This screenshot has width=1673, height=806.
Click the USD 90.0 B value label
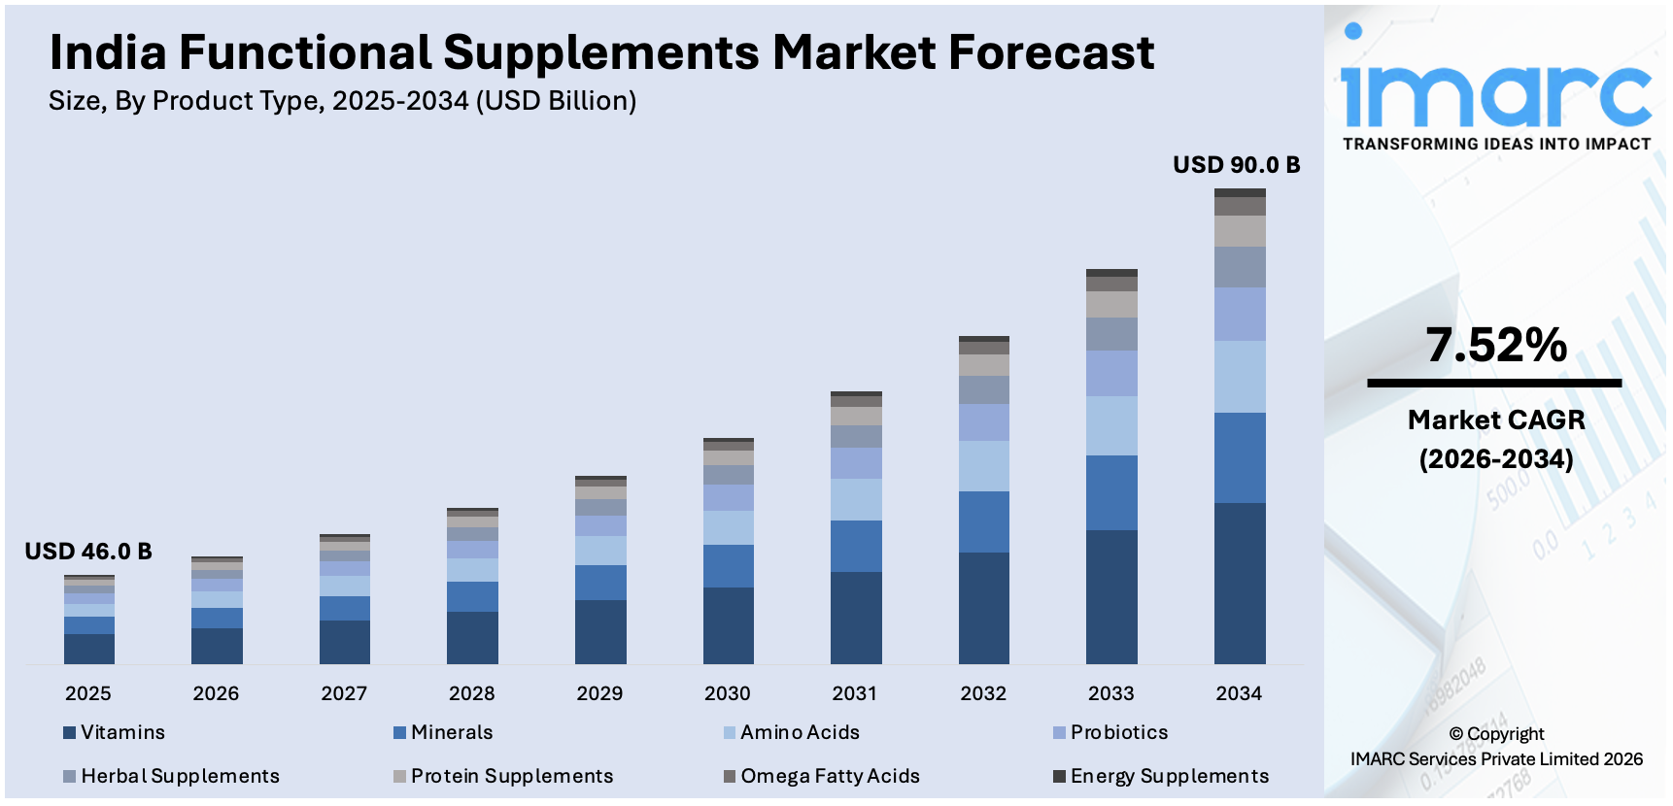(x=1236, y=165)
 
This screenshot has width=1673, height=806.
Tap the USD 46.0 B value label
(x=88, y=552)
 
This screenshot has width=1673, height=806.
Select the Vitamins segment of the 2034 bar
(x=1240, y=583)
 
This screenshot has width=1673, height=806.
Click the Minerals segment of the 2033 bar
(x=1111, y=492)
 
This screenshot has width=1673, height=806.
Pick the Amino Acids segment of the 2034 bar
(x=1240, y=377)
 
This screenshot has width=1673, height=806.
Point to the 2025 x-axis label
(x=88, y=693)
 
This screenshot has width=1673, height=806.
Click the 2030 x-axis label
(x=728, y=693)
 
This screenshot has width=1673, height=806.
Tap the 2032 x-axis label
(x=983, y=693)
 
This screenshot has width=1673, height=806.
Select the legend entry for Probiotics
(x=1118, y=732)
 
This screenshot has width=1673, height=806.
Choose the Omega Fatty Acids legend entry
(x=829, y=776)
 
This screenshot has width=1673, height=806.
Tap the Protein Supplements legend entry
(x=511, y=776)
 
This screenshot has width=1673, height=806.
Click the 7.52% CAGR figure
(x=1496, y=346)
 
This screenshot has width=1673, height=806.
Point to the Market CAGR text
(x=1496, y=420)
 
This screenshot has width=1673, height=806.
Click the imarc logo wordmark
(x=1496, y=95)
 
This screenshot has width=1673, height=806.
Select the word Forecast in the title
(x=1051, y=52)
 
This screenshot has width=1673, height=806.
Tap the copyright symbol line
(x=1496, y=734)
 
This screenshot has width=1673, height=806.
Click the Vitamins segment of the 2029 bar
(x=600, y=631)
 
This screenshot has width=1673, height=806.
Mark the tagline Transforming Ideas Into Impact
(x=1496, y=144)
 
